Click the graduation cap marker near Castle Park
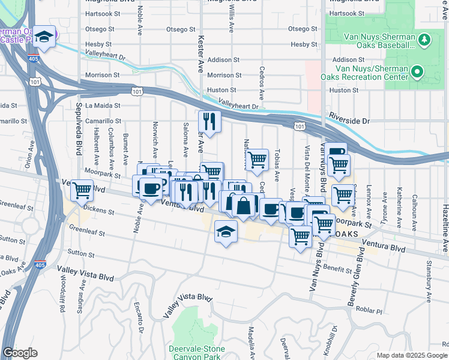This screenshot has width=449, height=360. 44,35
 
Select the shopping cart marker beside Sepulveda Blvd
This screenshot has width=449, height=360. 82,191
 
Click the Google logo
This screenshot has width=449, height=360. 20,353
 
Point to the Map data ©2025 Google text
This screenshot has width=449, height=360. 412,355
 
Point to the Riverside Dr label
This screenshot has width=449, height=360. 349,121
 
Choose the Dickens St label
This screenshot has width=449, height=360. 99,211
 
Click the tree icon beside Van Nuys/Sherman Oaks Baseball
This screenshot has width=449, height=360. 425,40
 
